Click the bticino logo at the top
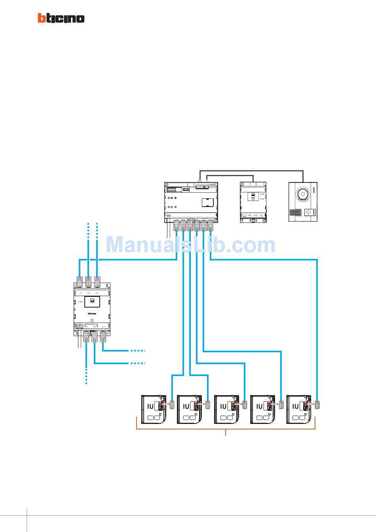(x=61, y=18)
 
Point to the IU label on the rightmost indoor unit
(x=295, y=406)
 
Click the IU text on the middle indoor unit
(x=223, y=406)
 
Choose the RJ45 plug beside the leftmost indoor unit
(x=172, y=405)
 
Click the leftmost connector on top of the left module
(x=80, y=282)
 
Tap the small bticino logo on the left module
(x=92, y=313)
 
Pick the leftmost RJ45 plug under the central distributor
(x=177, y=225)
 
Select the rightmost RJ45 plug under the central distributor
(x=210, y=225)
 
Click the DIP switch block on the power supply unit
(x=252, y=196)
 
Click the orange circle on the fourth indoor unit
(x=269, y=405)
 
